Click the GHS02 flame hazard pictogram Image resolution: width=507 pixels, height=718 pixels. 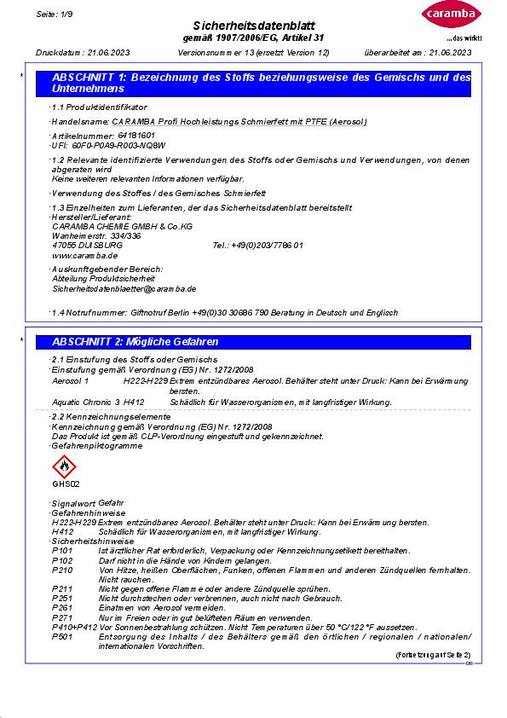65,466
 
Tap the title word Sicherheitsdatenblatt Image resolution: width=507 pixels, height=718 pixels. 254,27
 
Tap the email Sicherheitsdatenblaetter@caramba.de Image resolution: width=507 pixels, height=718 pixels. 124,289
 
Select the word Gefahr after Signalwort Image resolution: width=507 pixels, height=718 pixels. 112,504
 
